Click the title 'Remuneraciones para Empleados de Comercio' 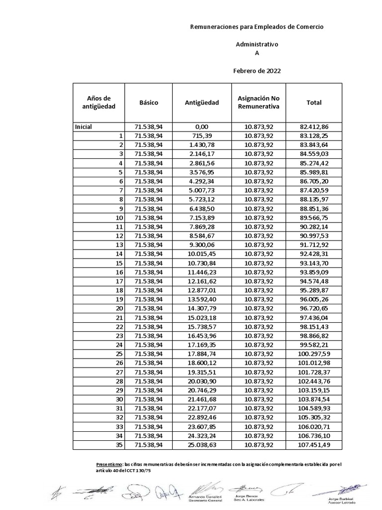pos(257,27)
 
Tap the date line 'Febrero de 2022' pos(257,71)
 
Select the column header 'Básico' pos(149,103)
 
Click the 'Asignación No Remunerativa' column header pos(259,103)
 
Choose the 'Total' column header pos(314,103)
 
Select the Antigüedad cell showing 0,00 pos(201,127)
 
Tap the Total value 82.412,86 pos(314,127)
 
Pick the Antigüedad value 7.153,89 pos(201,218)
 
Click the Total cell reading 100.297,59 pos(314,354)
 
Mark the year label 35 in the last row pos(118,445)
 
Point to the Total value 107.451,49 pos(314,445)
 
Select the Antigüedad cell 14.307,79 pos(201,309)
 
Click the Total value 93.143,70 pos(314,263)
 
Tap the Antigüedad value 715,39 pos(201,136)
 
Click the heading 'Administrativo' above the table pos(257,44)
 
